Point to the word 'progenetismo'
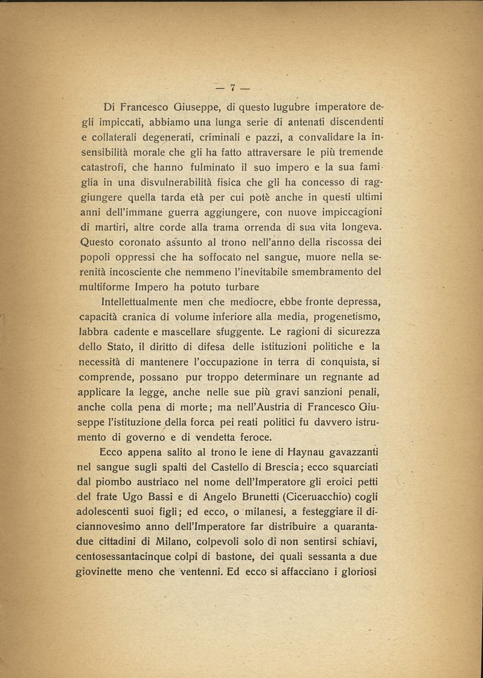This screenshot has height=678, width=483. (350, 315)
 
